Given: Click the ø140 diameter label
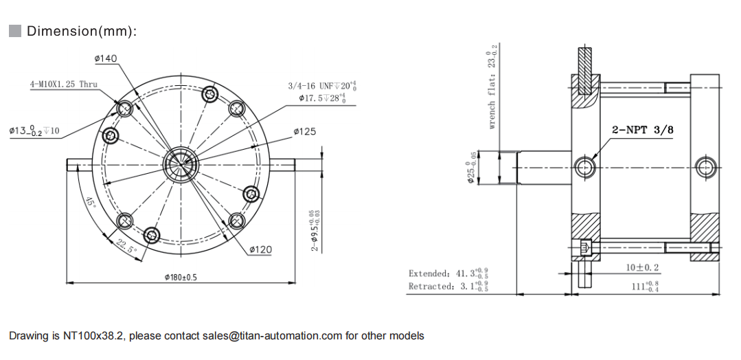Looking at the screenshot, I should tap(105, 59).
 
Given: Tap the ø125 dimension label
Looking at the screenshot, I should tap(304, 131).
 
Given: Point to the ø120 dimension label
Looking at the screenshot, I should tap(259, 249).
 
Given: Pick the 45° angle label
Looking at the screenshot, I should tap(91, 203).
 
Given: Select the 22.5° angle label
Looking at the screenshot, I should tap(125, 246).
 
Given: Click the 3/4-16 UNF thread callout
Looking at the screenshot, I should tap(321, 86).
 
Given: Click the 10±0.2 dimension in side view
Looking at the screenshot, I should tap(642, 267).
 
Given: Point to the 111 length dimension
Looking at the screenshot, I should tap(644, 286).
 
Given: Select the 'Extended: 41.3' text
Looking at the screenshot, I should tap(448, 273).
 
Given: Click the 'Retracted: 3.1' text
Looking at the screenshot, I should tap(448, 286).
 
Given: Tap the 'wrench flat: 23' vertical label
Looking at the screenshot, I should tap(492, 86).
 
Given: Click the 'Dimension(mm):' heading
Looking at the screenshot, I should tap(82, 31).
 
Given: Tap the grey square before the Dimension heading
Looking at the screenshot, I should tap(15, 31).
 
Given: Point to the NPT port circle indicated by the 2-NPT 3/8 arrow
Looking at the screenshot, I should tap(586, 166).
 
